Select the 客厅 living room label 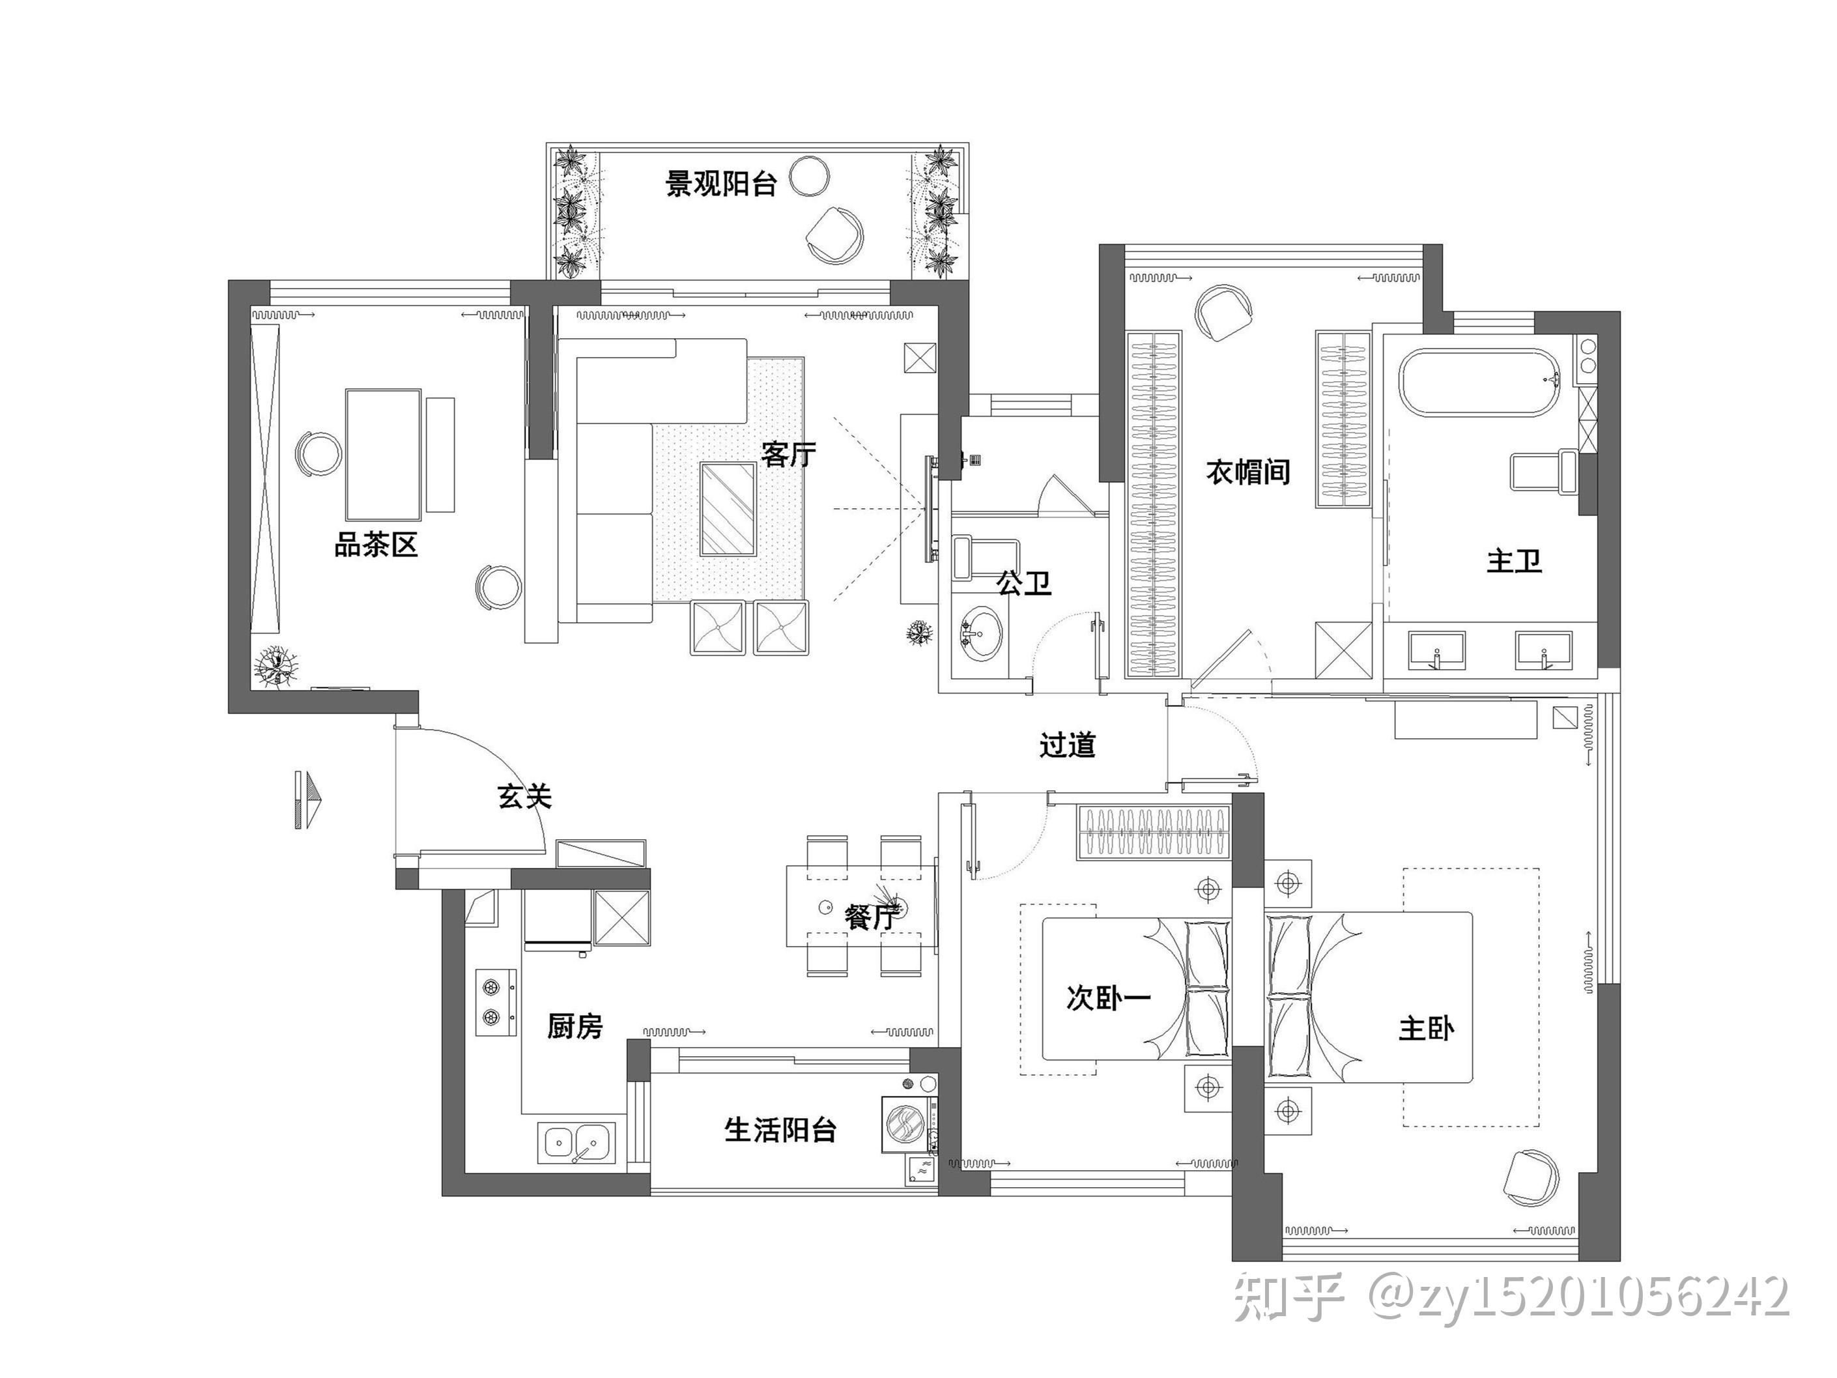tap(788, 453)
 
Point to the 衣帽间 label tap(1247, 472)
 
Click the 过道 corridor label tap(1067, 745)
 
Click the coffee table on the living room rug tap(728, 508)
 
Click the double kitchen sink tap(577, 1142)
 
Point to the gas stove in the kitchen tap(496, 1001)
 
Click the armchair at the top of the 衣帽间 tap(1224, 311)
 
